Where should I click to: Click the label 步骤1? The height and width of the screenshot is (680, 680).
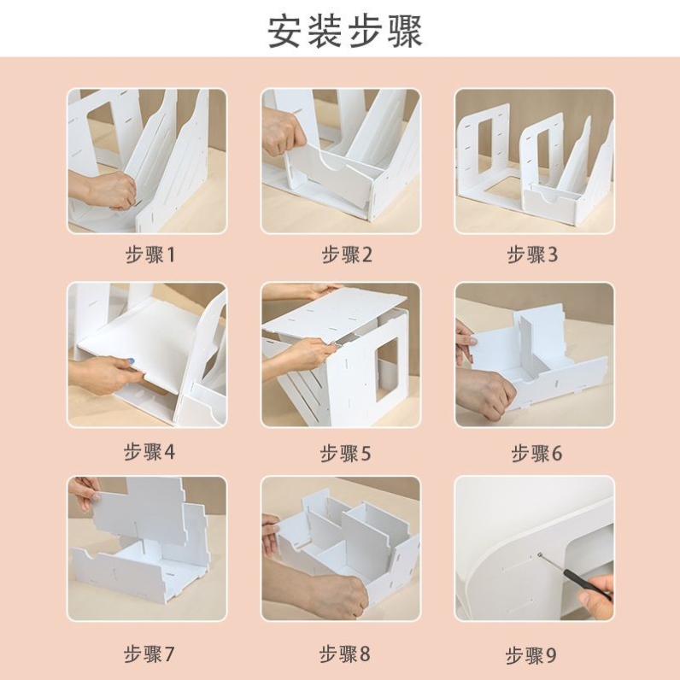[x=149, y=255]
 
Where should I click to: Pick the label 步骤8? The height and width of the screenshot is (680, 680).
[x=344, y=654]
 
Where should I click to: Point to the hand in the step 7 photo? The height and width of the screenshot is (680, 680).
[x=84, y=492]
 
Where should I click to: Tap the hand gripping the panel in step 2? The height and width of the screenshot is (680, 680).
[x=282, y=132]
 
